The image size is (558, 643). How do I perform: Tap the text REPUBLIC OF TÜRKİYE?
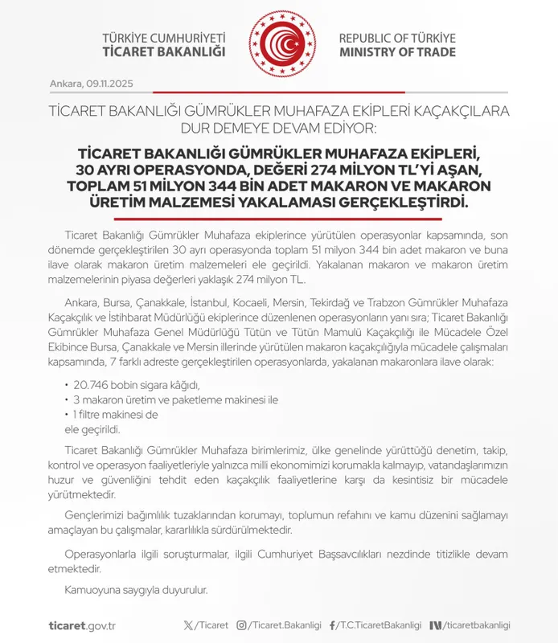click(x=396, y=38)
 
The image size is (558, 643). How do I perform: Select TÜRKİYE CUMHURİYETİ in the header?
click(x=164, y=38)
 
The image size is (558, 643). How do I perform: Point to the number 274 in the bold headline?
click(x=323, y=170)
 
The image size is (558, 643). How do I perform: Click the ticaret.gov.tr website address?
click(x=82, y=625)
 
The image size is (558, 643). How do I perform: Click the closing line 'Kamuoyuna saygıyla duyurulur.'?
click(x=136, y=590)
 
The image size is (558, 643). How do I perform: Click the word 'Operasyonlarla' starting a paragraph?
click(x=99, y=555)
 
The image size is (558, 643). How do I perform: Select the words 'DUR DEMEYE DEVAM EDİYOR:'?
click(x=278, y=127)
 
